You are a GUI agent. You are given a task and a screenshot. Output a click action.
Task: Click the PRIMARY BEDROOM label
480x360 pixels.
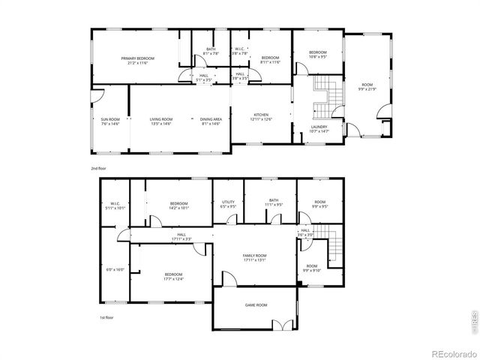[x=138, y=58]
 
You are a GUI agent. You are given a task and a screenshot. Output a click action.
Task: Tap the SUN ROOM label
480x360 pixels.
[x=110, y=119]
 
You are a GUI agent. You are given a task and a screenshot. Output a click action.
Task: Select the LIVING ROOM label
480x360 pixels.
[x=161, y=119]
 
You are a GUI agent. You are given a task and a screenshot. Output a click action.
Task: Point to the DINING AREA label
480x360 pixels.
[x=211, y=119]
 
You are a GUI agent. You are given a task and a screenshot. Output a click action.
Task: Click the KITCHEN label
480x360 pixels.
[x=261, y=115]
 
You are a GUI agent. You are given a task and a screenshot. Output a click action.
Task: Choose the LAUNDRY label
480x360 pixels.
[x=319, y=127]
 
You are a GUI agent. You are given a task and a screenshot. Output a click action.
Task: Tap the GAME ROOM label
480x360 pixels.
[x=256, y=305]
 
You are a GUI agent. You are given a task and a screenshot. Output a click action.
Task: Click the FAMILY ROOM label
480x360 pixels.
[x=255, y=256]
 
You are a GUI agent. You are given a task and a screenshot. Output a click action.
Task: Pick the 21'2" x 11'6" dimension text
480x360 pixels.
[x=138, y=63]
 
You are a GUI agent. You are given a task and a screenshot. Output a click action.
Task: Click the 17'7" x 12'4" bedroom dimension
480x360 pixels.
[x=174, y=280]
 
